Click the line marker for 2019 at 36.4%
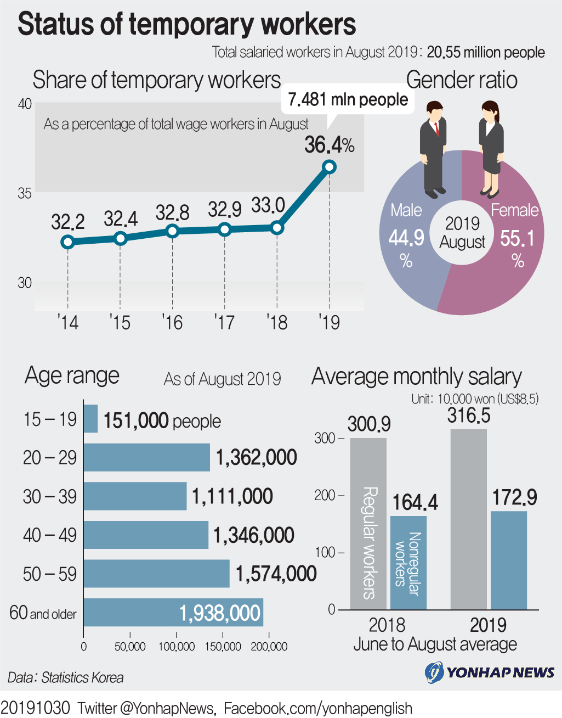click(329, 167)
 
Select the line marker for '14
click(68, 242)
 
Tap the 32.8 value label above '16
click(172, 212)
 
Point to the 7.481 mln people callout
click(348, 99)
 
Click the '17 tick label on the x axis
click(224, 322)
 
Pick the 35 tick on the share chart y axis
click(25, 193)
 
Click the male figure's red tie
click(436, 128)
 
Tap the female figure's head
click(490, 111)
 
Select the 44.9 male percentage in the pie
click(406, 238)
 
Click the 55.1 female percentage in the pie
click(517, 238)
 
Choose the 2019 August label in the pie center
click(462, 233)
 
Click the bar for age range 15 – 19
click(90, 419)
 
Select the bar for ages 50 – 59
click(156, 574)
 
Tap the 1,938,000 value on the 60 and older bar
click(220, 613)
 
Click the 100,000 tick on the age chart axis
click(177, 647)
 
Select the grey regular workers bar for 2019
click(469, 519)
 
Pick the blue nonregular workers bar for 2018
click(408, 563)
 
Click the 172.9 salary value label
click(514, 497)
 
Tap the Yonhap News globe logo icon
click(434, 672)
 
